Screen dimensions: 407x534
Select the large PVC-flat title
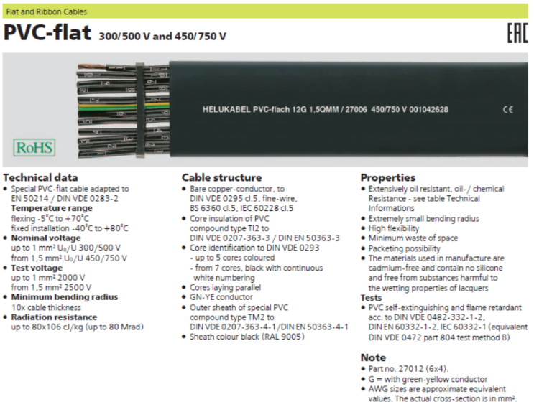(47, 34)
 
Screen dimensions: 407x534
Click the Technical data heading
(41, 177)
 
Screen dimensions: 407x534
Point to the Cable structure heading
(221, 177)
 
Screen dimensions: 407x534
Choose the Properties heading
(388, 177)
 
